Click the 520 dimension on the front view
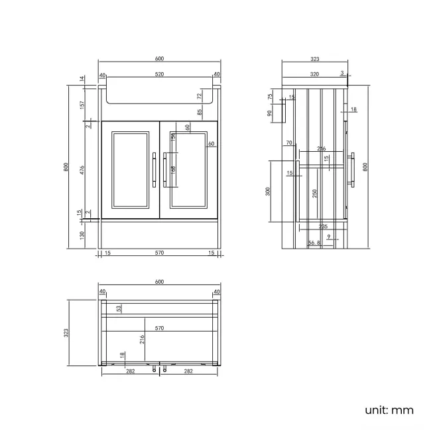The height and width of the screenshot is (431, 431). (159, 75)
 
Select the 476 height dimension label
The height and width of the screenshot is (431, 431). (82, 169)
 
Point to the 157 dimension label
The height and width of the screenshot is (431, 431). (82, 105)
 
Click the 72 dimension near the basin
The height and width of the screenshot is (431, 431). (199, 96)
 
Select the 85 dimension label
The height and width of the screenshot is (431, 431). (199, 112)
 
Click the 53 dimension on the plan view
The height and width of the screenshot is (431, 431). (119, 308)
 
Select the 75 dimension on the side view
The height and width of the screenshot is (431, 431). (271, 96)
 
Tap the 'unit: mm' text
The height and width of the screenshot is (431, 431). (389, 410)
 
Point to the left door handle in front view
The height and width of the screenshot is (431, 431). (154, 170)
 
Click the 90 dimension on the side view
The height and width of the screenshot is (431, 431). (271, 113)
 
